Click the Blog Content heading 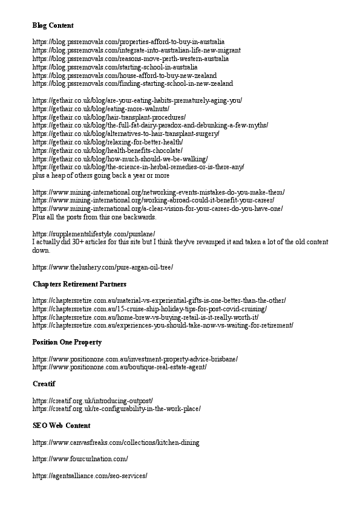pos(53,25)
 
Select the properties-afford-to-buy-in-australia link pos(128,42)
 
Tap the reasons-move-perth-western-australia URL pos(131,59)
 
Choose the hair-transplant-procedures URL pos(109,117)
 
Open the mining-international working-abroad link pos(153,200)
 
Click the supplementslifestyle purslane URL pos(94,233)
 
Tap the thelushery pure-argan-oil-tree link pos(102,267)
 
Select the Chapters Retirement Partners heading pos(79,284)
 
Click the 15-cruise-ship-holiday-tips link pos(149,308)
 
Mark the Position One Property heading pos(67,342)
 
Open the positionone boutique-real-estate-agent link pos(119,367)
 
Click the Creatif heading pos(44,384)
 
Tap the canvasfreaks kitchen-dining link pos(116,442)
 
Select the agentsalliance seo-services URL pos(90,476)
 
